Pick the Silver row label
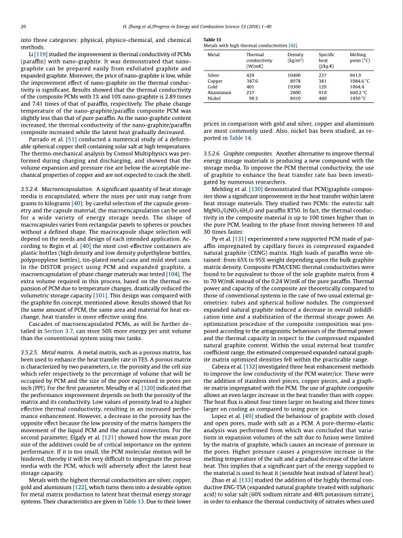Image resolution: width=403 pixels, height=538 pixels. coord(214,75)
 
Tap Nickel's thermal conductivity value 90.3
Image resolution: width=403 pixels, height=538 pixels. coord(253,98)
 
